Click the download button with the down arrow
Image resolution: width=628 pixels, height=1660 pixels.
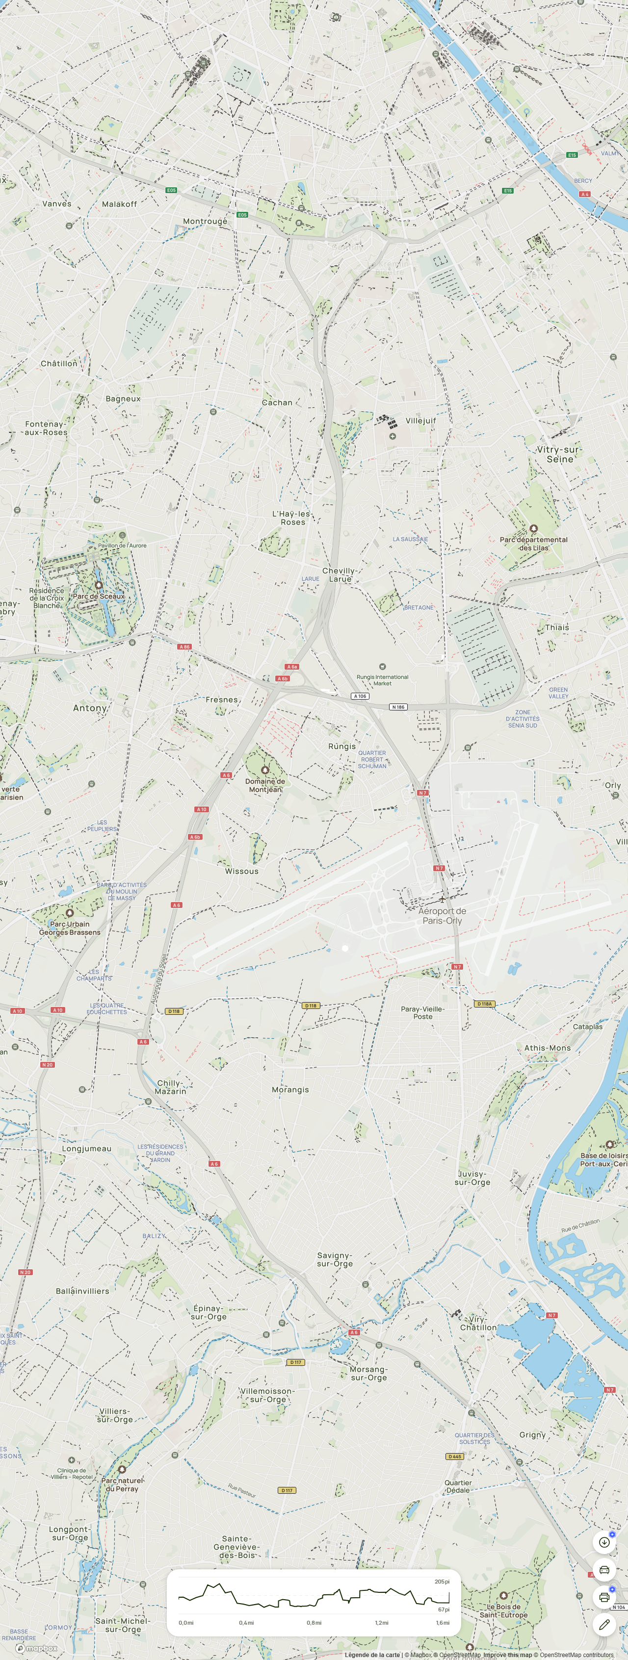604,1542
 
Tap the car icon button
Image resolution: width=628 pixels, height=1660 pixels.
604,1569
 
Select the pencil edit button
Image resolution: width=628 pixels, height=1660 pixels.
604,1625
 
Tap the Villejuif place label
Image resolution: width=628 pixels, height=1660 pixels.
420,420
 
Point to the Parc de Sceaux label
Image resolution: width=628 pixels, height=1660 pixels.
99,596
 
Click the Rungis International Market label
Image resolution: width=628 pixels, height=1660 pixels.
382,680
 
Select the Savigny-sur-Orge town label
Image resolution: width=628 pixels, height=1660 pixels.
335,1259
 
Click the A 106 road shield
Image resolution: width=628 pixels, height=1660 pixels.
360,696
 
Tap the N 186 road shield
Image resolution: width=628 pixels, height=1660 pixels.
398,707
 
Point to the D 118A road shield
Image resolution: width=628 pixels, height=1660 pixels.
484,1004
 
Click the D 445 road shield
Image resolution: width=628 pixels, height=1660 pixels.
454,1457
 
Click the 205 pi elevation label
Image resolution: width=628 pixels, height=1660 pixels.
442,1582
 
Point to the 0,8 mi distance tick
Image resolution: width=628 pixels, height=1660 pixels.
314,1623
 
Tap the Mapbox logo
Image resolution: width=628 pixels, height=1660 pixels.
37,1648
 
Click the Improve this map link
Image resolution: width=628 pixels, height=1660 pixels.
507,1655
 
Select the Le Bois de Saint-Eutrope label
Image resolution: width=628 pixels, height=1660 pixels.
503,1610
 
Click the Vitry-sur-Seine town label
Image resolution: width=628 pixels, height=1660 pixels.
559,454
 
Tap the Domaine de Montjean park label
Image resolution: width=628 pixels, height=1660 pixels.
265,785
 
